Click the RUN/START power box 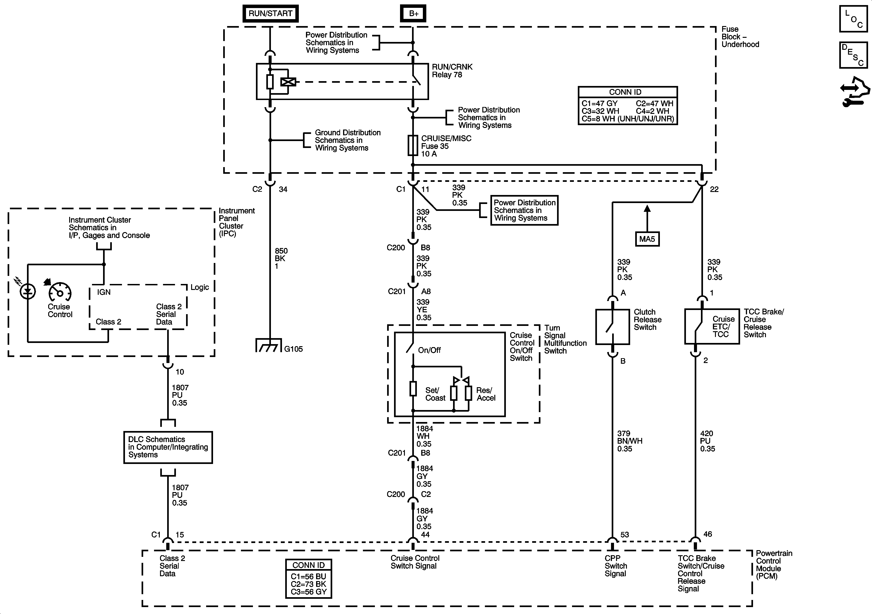point(270,13)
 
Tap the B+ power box point(413,13)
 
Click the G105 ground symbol point(269,345)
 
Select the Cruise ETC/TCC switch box point(712,327)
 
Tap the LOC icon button point(853,19)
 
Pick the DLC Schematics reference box point(168,447)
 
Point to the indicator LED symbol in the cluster point(28,292)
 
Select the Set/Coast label point(435,394)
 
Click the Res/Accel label point(486,394)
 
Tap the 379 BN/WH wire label point(629,441)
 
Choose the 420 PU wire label point(708,441)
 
